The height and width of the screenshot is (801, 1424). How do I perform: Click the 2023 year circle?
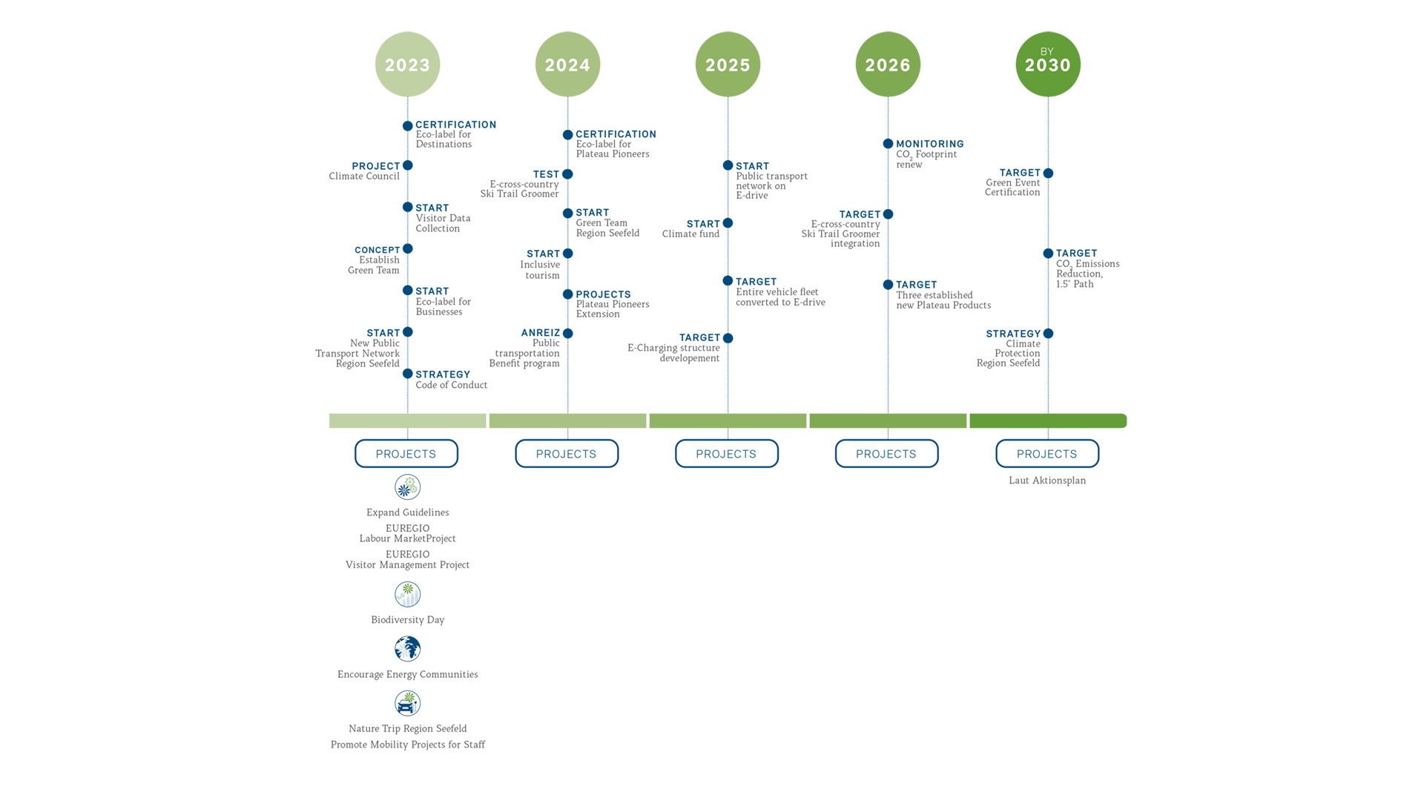click(x=407, y=65)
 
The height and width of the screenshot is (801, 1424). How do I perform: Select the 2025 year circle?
click(x=728, y=65)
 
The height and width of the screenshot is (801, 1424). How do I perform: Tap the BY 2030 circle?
click(x=1048, y=65)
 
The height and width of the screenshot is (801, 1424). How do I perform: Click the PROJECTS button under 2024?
click(x=567, y=454)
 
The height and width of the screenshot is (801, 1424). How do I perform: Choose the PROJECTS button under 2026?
click(x=886, y=454)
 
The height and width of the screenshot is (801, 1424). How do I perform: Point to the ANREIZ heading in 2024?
click(x=541, y=333)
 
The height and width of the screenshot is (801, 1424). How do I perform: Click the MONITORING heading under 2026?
click(x=930, y=144)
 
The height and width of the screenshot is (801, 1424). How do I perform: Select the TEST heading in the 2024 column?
click(x=546, y=174)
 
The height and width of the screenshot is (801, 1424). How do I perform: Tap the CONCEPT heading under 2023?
click(x=377, y=250)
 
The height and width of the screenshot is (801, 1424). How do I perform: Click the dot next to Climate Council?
click(x=407, y=165)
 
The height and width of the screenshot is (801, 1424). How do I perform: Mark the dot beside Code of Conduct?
click(x=407, y=374)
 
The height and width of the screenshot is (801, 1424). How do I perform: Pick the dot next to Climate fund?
click(x=728, y=223)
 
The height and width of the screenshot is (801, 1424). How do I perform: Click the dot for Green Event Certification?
click(x=1048, y=174)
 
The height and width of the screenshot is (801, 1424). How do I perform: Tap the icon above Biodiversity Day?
click(x=407, y=594)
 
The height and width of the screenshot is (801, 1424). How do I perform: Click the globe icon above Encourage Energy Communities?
click(x=407, y=649)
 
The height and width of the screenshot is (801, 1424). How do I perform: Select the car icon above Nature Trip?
click(x=407, y=703)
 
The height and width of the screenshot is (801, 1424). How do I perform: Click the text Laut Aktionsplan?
click(x=1047, y=481)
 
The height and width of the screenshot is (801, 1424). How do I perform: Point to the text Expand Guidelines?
click(x=407, y=512)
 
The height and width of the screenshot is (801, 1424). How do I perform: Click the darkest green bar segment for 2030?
click(x=1048, y=421)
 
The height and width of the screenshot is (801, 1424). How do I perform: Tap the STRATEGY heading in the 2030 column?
click(x=1013, y=334)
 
